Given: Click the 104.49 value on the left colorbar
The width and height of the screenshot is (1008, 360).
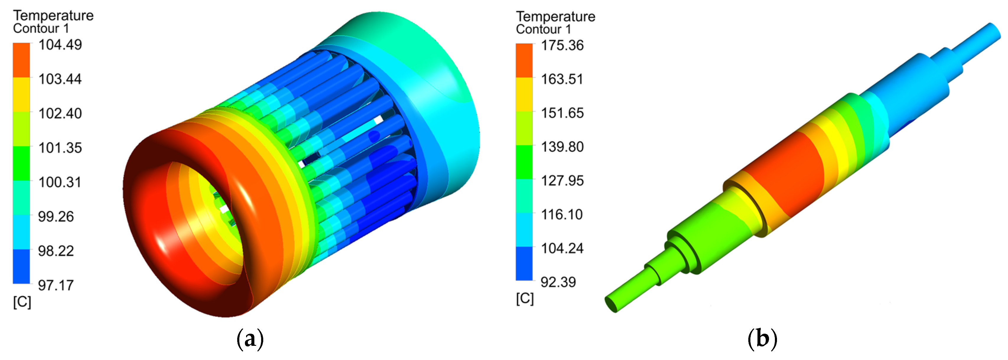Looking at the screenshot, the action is point(60,45).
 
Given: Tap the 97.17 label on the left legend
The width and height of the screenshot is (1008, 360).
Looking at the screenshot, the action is point(56,285).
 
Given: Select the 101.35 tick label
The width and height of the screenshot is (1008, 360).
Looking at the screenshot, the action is point(60,147).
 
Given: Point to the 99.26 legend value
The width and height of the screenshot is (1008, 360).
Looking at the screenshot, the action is point(56,216).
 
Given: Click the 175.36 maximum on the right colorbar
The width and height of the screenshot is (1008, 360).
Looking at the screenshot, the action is point(562,46).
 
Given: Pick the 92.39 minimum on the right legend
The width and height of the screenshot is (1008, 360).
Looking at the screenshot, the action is point(558,282).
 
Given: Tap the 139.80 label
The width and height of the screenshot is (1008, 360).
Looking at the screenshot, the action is point(562,147).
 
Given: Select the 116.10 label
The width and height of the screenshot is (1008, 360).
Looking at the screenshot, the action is point(562,215).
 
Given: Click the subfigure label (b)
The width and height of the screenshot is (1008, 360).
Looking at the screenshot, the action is point(762,339).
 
